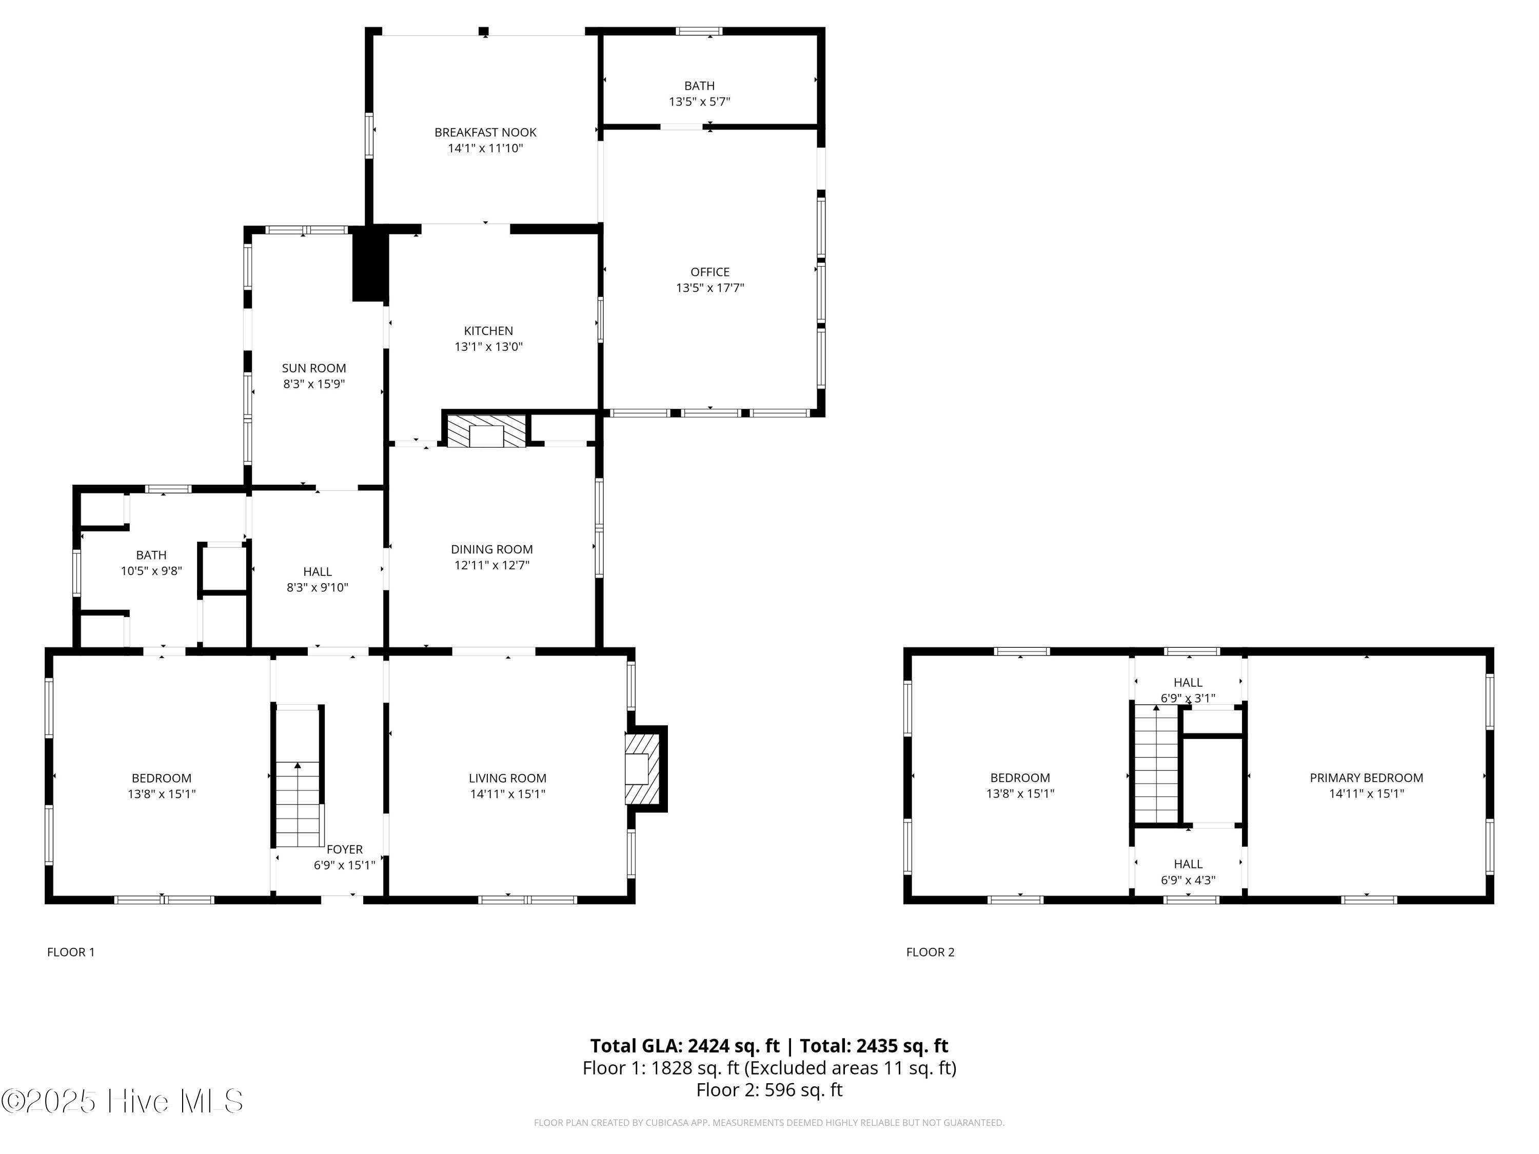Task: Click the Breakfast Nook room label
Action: pyautogui.click(x=485, y=132)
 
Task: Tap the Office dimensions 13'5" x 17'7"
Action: pyautogui.click(x=709, y=288)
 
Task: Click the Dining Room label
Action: pyautogui.click(x=491, y=549)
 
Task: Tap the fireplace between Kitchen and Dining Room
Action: pyautogui.click(x=486, y=432)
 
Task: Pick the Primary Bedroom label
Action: pyautogui.click(x=1366, y=778)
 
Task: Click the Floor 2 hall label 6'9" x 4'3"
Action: pyautogui.click(x=1188, y=880)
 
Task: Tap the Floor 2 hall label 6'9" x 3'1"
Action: pyautogui.click(x=1188, y=698)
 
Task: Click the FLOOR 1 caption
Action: pyautogui.click(x=71, y=952)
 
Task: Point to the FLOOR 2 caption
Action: pyautogui.click(x=930, y=952)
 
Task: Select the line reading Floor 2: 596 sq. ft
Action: pyautogui.click(x=769, y=1090)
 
